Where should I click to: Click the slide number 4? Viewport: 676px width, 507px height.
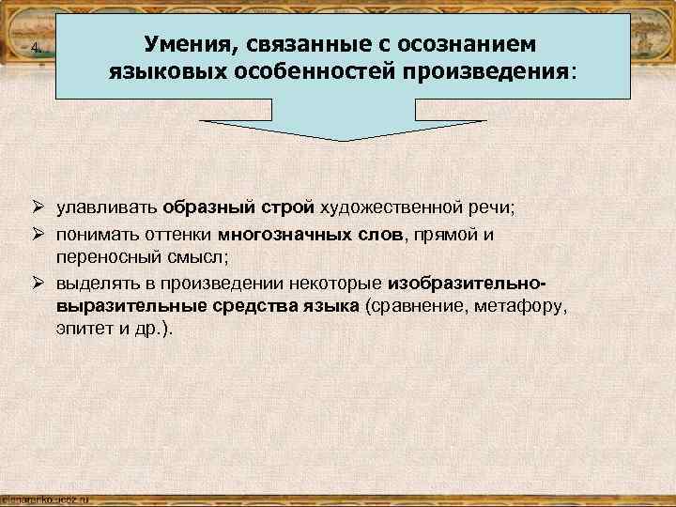35,49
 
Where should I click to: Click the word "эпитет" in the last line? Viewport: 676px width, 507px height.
82,330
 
